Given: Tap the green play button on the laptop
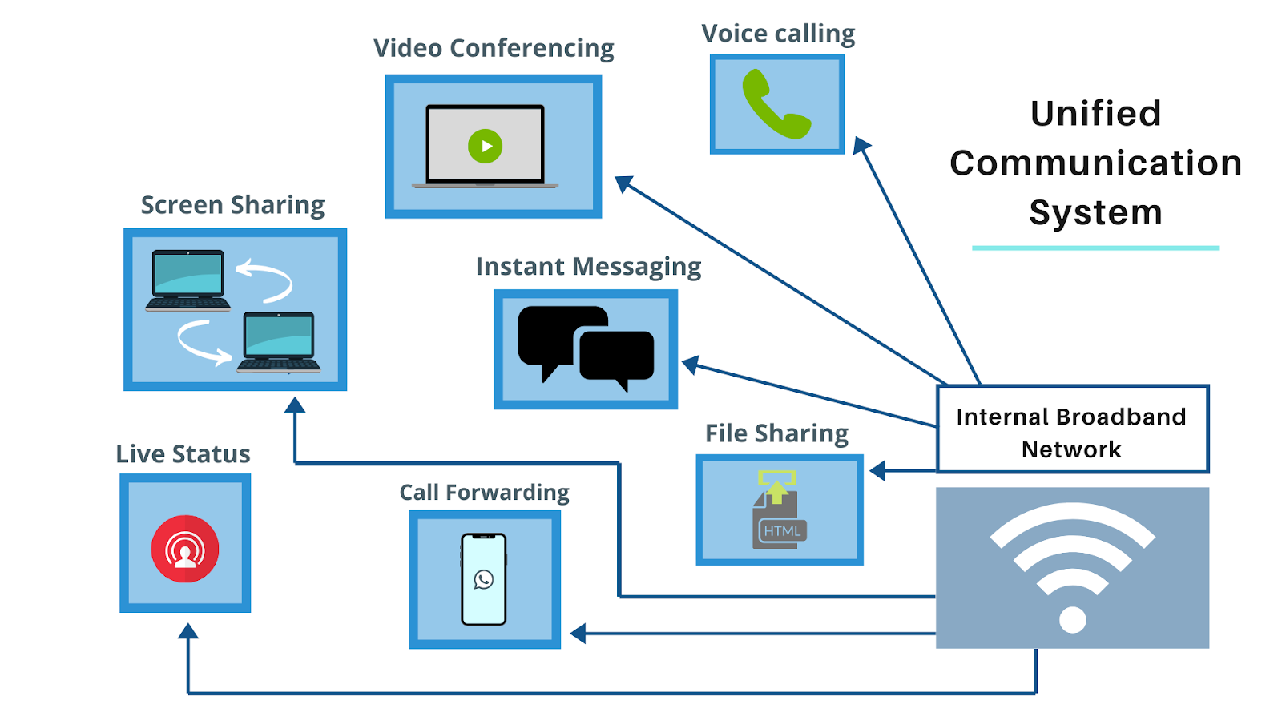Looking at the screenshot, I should tap(485, 146).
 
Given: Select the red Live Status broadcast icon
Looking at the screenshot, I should tap(185, 549).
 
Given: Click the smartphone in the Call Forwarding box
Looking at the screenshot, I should tap(484, 579).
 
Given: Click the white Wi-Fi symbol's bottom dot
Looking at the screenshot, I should tap(1072, 619).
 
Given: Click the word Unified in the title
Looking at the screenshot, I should tap(1095, 114).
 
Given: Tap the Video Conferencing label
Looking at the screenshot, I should tap(494, 49).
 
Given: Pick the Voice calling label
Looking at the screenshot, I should tap(778, 34).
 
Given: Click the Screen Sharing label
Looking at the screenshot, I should tap(232, 205).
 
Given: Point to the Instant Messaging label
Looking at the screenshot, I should tap(588, 267).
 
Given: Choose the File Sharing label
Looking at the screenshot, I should tap(776, 433).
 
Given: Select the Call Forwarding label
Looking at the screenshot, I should tap(484, 492).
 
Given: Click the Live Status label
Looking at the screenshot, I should tap(183, 454).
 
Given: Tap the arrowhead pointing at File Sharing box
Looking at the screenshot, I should tap(878, 471).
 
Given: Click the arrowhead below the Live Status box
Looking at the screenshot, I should tap(188, 631).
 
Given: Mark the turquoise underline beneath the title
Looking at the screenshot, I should tap(1095, 248).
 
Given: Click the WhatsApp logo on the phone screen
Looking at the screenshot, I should tap(484, 579).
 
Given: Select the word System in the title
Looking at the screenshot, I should tap(1095, 213).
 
